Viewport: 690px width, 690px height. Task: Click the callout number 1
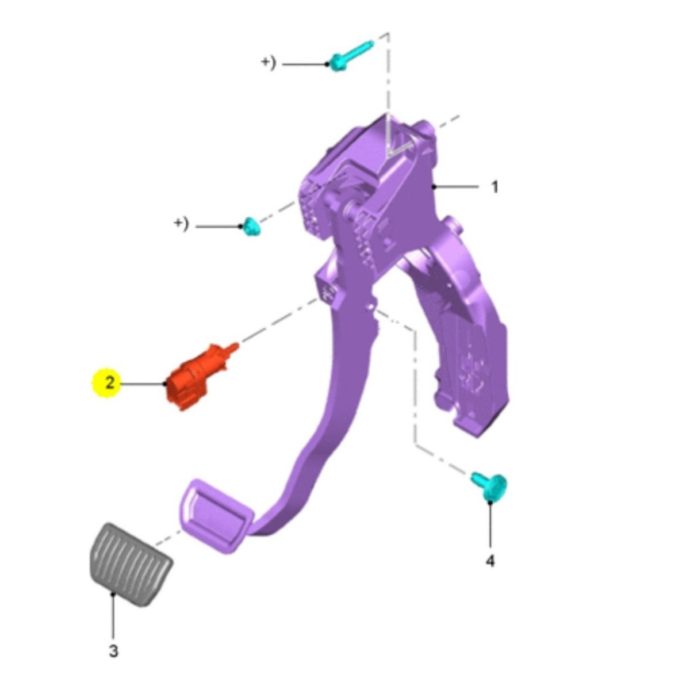coord(494,187)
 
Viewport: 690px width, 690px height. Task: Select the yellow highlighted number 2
coord(110,383)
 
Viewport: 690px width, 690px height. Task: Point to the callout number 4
coord(490,561)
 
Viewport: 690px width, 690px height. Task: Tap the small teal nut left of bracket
coord(252,227)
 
